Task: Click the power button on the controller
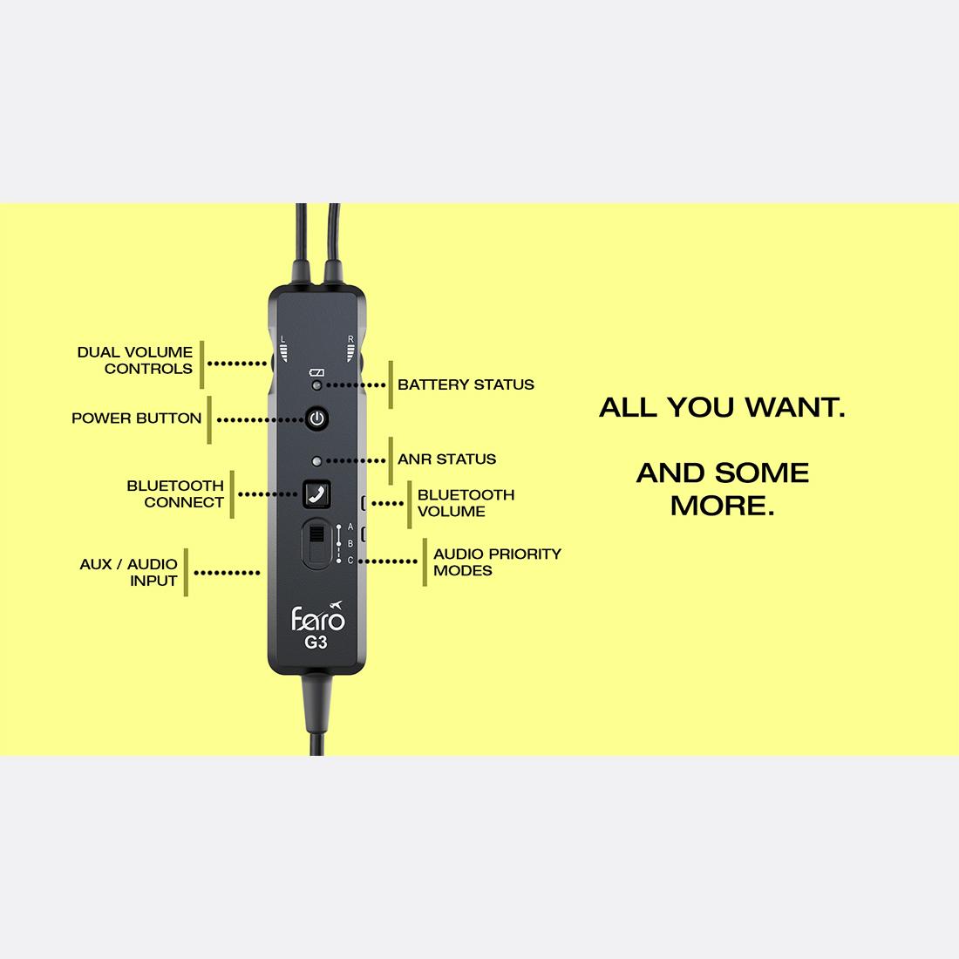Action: coord(316,419)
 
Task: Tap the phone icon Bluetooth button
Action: coord(316,494)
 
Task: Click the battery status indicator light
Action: coord(316,385)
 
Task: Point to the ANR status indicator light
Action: coord(316,461)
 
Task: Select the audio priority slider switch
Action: coord(316,542)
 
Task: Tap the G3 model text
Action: coord(316,643)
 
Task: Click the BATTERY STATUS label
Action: coord(466,384)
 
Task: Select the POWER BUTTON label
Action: coord(136,418)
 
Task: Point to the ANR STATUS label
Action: coord(446,459)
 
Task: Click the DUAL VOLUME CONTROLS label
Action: coord(134,360)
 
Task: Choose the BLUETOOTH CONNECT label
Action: coord(175,494)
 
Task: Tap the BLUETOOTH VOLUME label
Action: coord(466,503)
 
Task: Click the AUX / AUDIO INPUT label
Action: coord(128,573)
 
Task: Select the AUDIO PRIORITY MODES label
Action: coord(497,562)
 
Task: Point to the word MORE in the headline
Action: coord(723,506)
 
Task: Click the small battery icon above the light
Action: coord(316,372)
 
